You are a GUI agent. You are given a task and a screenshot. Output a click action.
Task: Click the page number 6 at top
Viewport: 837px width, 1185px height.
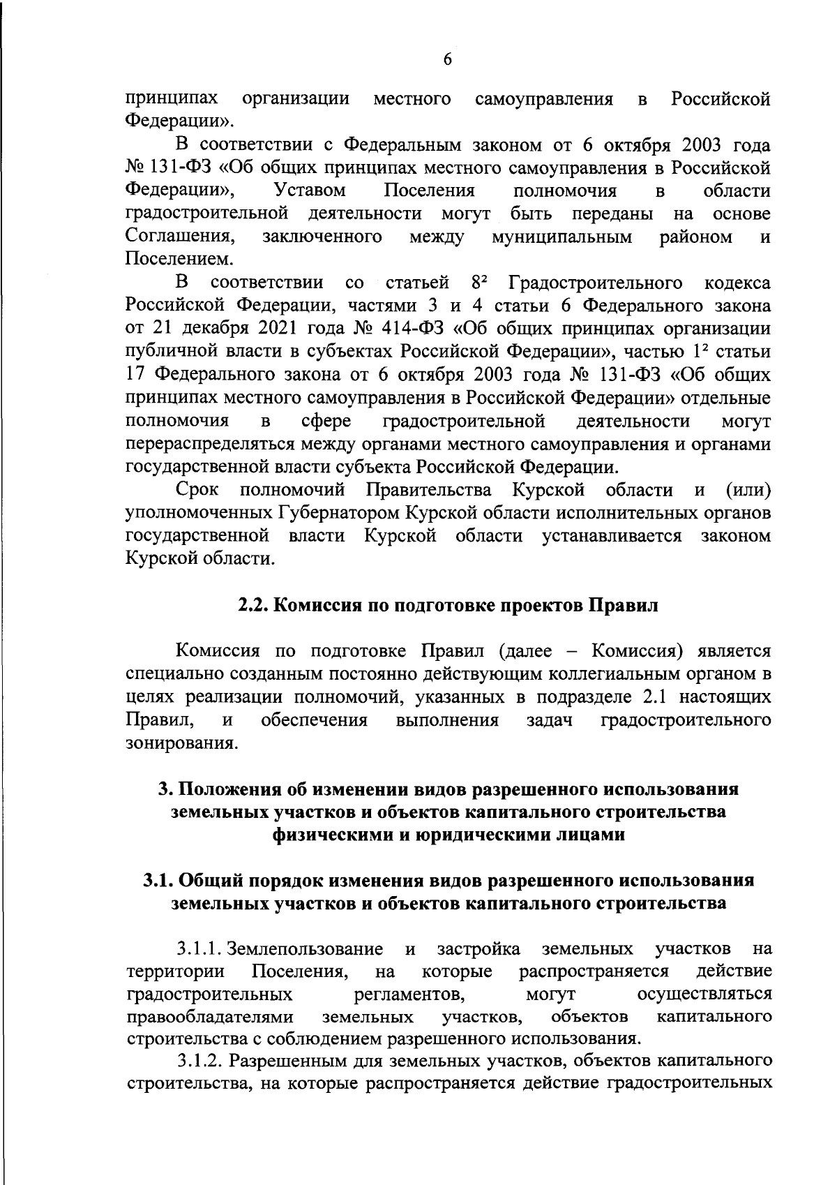tap(448, 60)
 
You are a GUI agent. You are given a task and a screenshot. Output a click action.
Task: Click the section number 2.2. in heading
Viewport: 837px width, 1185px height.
tap(252, 605)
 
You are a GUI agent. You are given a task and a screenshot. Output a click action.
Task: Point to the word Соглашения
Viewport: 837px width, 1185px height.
tap(179, 237)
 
